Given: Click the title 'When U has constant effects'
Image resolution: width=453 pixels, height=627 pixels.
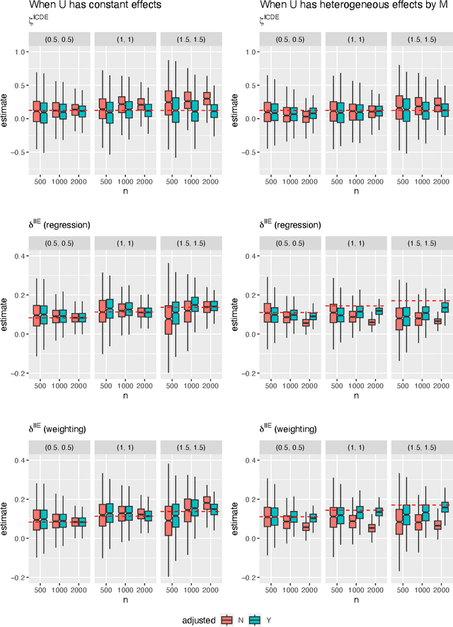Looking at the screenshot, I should (86, 6).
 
